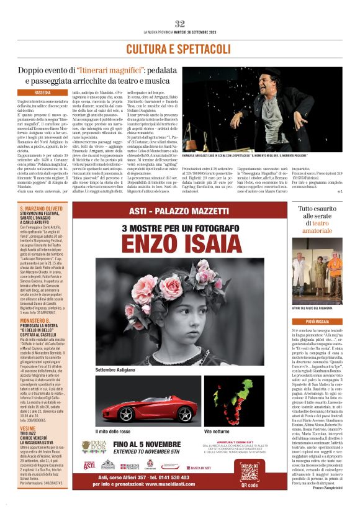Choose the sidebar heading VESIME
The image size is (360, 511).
pyautogui.click(x=28, y=428)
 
